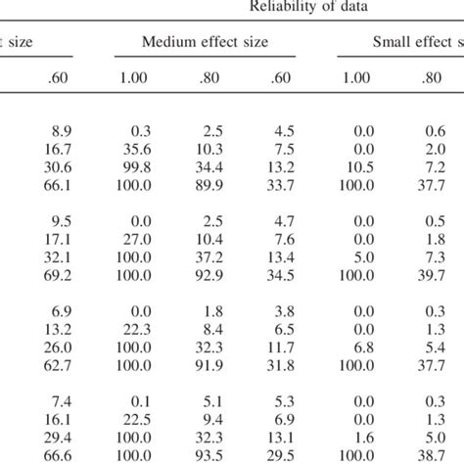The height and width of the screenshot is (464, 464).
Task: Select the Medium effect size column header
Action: pyautogui.click(x=206, y=42)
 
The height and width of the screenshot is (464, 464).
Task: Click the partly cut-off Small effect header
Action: pyautogui.click(x=416, y=42)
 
